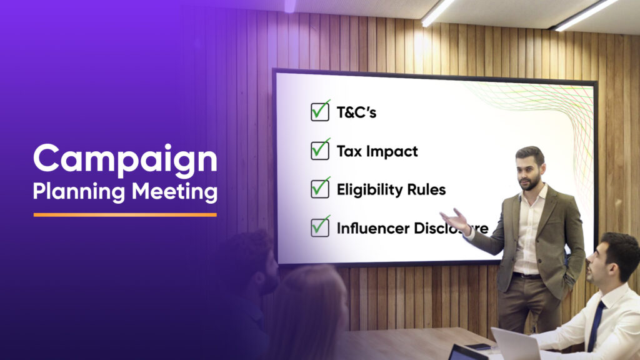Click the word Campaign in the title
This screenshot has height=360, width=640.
(x=125, y=159)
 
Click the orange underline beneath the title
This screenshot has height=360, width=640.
(x=125, y=214)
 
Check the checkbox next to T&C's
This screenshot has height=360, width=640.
(x=320, y=112)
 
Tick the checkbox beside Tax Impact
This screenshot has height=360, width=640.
(x=320, y=150)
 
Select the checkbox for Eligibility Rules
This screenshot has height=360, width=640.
(x=320, y=189)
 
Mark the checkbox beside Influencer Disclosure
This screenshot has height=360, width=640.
(x=320, y=227)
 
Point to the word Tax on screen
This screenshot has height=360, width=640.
(x=348, y=151)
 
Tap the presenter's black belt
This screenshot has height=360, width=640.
(x=526, y=275)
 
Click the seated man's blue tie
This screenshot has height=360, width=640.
(x=595, y=325)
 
